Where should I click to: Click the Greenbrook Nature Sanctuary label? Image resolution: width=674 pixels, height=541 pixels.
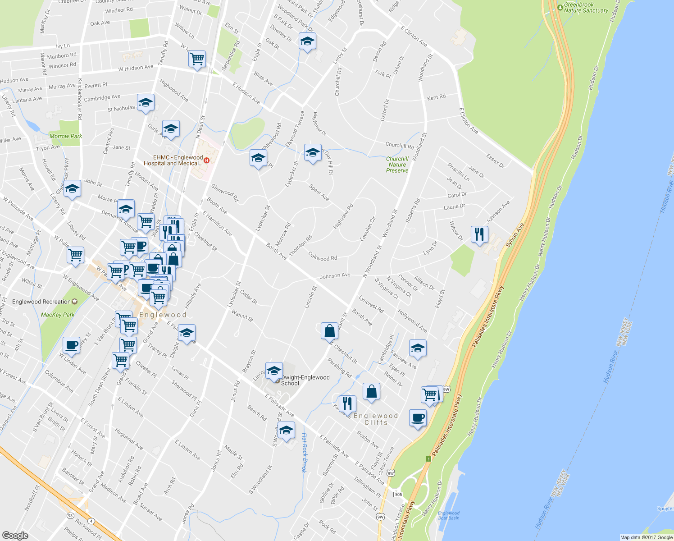(586, 8)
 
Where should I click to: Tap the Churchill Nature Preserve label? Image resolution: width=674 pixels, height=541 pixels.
(397, 165)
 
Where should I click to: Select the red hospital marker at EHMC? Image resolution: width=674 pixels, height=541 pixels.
(207, 160)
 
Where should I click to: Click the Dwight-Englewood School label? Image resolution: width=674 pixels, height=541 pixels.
(305, 381)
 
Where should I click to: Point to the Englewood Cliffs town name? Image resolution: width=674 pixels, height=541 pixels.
(376, 419)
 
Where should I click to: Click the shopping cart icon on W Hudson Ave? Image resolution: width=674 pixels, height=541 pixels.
(197, 59)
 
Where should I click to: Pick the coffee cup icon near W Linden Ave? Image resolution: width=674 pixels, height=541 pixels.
(71, 345)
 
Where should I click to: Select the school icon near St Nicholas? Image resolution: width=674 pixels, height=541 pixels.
(146, 103)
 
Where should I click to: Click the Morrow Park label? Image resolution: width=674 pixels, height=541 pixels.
(66, 136)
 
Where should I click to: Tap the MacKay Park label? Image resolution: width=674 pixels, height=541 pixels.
(58, 315)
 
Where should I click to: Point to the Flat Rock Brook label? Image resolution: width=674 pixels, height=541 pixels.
(304, 453)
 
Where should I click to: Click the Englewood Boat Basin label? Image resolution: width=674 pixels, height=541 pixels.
(449, 515)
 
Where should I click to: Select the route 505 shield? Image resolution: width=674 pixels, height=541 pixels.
(398, 495)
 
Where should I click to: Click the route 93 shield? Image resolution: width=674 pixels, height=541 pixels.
(70, 515)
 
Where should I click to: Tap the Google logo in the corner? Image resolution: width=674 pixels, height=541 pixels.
(15, 535)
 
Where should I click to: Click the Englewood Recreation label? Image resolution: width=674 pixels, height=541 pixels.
(41, 302)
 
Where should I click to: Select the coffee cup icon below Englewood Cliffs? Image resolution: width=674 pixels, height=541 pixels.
(418, 417)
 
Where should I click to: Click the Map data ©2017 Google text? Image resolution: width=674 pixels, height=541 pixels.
(646, 537)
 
